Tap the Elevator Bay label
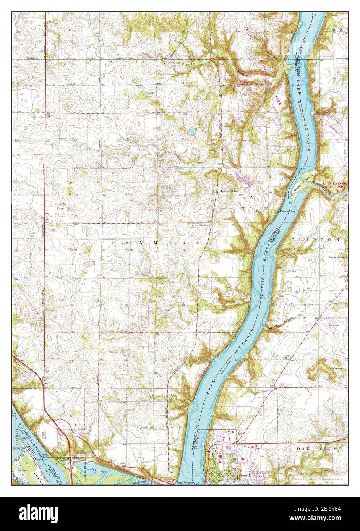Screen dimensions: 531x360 tap(287, 211)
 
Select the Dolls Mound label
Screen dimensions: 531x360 tap(336, 368)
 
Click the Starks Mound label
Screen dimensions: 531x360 tap(336, 257)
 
